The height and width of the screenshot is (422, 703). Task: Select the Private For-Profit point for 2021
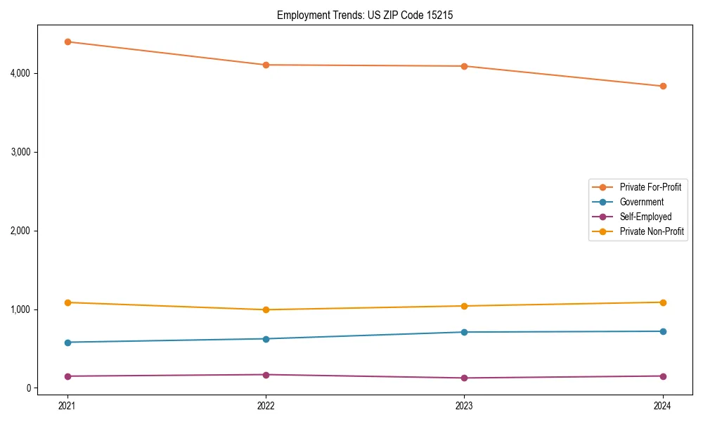pos(67,41)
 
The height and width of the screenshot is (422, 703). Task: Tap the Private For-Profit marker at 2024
pos(662,87)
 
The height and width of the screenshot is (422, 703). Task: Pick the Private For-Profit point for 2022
pos(266,65)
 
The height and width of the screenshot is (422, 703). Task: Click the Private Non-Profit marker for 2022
pos(266,309)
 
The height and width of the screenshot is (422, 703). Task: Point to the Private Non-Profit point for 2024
pos(662,302)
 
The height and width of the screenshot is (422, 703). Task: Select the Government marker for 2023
pos(464,332)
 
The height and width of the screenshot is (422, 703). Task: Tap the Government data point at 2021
pos(67,343)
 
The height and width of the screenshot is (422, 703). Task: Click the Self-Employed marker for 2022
pos(266,375)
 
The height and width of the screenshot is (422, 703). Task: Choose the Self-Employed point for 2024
pos(662,376)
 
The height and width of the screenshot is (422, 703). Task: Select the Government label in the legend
pos(641,202)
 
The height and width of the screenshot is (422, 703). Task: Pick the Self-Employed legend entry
pos(645,217)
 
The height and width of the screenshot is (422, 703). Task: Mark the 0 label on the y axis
pos(28,388)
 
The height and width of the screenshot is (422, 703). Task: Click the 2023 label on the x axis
pos(464,405)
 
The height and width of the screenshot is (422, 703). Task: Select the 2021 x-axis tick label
pos(67,405)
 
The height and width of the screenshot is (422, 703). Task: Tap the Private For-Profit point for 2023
pos(464,66)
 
